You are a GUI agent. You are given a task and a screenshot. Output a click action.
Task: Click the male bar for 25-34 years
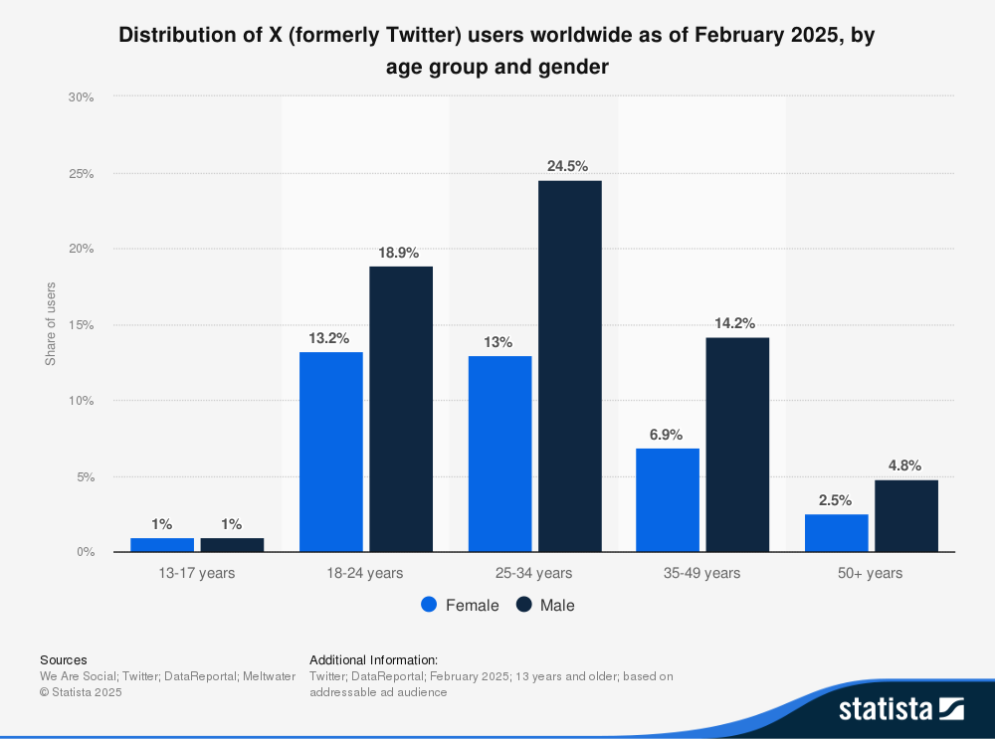click(569, 366)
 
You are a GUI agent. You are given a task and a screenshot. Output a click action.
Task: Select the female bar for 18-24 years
click(331, 452)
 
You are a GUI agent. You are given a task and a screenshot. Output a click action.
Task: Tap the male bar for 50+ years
click(905, 515)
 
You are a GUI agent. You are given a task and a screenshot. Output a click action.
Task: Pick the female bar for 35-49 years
click(668, 499)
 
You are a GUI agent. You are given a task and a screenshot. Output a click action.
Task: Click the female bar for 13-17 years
click(162, 544)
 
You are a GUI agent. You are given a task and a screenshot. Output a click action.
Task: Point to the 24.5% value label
click(569, 166)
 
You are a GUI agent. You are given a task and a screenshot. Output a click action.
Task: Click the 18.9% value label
click(401, 253)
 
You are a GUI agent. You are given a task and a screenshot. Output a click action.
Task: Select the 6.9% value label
click(668, 434)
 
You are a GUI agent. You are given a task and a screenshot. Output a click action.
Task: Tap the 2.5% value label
click(837, 500)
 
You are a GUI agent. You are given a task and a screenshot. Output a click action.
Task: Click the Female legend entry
click(461, 605)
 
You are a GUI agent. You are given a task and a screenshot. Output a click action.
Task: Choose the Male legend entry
click(545, 605)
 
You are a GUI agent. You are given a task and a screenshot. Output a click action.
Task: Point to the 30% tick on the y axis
click(81, 97)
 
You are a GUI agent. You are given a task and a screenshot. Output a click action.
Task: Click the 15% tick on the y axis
click(81, 325)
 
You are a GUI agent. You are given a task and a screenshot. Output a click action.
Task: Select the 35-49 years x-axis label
click(702, 573)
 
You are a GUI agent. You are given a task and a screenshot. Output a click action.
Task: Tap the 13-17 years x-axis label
click(197, 573)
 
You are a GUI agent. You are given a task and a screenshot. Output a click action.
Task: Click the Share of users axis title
click(51, 324)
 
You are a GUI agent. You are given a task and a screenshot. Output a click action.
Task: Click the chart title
click(497, 51)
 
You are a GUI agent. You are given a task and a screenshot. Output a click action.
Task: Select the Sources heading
click(63, 659)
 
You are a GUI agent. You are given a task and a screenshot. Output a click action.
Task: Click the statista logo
click(900, 708)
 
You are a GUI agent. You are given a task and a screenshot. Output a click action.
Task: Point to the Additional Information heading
click(373, 659)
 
